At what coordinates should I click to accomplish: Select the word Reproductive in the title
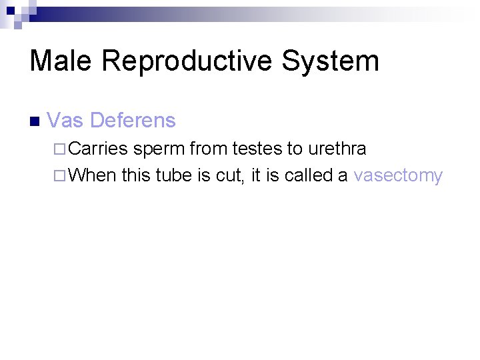coord(187,61)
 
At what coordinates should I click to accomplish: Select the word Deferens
coord(133,121)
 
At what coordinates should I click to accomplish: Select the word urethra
coord(337,149)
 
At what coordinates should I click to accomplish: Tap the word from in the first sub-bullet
coord(209,149)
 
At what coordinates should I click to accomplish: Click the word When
coord(92,175)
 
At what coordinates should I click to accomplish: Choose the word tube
coord(172,175)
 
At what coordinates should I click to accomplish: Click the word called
coord(308,175)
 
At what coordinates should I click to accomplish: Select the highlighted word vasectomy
coord(398,176)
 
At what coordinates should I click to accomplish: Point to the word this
coord(136,175)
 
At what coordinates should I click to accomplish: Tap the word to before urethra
coord(295,149)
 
